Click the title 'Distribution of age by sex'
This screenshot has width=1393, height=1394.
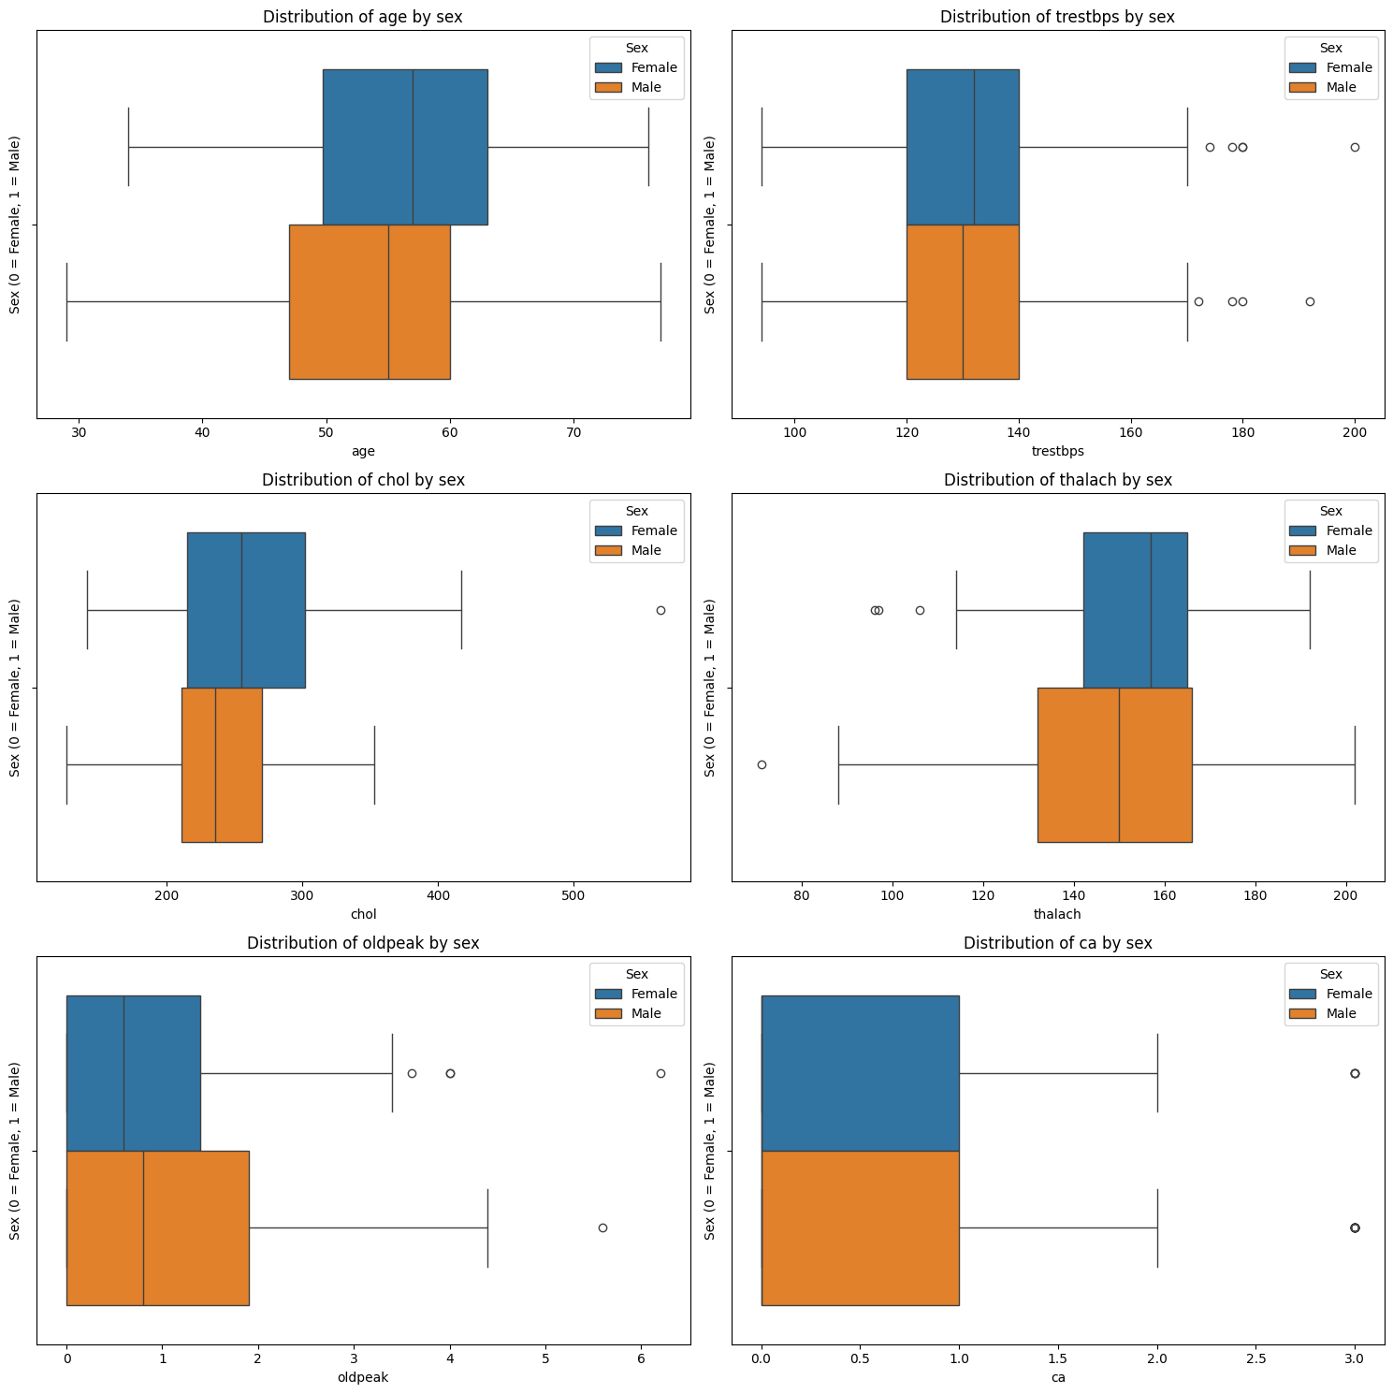(x=362, y=17)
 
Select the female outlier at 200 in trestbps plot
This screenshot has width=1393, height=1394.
(x=1355, y=147)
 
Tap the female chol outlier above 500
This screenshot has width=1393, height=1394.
(x=660, y=610)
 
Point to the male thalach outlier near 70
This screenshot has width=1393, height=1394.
(x=762, y=764)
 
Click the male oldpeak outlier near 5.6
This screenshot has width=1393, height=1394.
(x=602, y=1227)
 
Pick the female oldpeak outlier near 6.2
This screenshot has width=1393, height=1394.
(x=660, y=1073)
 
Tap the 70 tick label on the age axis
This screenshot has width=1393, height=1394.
(x=573, y=432)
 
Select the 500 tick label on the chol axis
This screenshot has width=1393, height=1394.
(x=573, y=895)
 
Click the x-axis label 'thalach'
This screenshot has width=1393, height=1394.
(x=1057, y=914)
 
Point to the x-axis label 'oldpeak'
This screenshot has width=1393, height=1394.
(x=362, y=1377)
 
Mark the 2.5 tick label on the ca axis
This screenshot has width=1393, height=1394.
(x=1255, y=1358)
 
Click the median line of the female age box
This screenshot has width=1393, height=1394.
(x=413, y=147)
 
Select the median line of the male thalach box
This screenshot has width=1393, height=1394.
(x=1119, y=764)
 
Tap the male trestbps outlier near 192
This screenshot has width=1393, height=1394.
(x=1310, y=301)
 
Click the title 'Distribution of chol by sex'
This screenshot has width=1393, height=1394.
(x=362, y=480)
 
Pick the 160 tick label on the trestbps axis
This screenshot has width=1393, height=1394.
(x=1131, y=432)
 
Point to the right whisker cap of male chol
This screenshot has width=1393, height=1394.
(x=374, y=764)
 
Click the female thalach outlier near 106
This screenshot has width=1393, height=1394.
(x=920, y=610)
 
